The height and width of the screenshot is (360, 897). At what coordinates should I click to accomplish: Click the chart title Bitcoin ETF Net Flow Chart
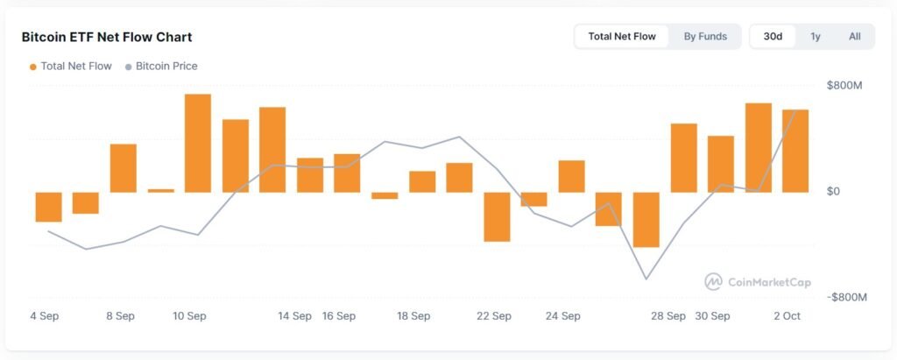click(106, 37)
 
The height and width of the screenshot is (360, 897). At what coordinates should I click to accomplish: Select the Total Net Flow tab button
click(622, 37)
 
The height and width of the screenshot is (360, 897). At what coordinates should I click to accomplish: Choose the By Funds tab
click(705, 37)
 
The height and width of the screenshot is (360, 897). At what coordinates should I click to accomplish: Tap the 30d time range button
click(773, 37)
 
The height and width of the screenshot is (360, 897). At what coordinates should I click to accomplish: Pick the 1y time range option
click(816, 37)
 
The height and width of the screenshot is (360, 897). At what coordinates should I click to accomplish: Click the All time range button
click(855, 37)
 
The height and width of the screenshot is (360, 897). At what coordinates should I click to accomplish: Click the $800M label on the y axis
click(844, 85)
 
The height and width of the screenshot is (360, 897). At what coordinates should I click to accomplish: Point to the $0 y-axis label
click(835, 191)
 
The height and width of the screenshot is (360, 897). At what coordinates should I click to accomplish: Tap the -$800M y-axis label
click(846, 297)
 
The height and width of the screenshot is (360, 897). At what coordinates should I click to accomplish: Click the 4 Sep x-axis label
click(45, 316)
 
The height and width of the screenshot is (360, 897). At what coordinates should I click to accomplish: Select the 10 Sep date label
click(189, 316)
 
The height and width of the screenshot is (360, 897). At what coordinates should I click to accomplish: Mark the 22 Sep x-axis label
click(494, 316)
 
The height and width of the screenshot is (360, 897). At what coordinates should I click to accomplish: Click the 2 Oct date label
click(786, 316)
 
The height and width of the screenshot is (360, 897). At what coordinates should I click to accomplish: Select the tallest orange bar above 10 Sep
click(198, 143)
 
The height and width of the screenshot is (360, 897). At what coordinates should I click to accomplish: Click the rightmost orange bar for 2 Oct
click(795, 151)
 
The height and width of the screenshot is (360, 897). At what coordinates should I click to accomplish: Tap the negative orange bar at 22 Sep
click(497, 216)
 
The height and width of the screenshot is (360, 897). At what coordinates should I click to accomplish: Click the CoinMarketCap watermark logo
click(758, 282)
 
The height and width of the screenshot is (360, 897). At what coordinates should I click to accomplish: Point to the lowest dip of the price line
click(646, 279)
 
